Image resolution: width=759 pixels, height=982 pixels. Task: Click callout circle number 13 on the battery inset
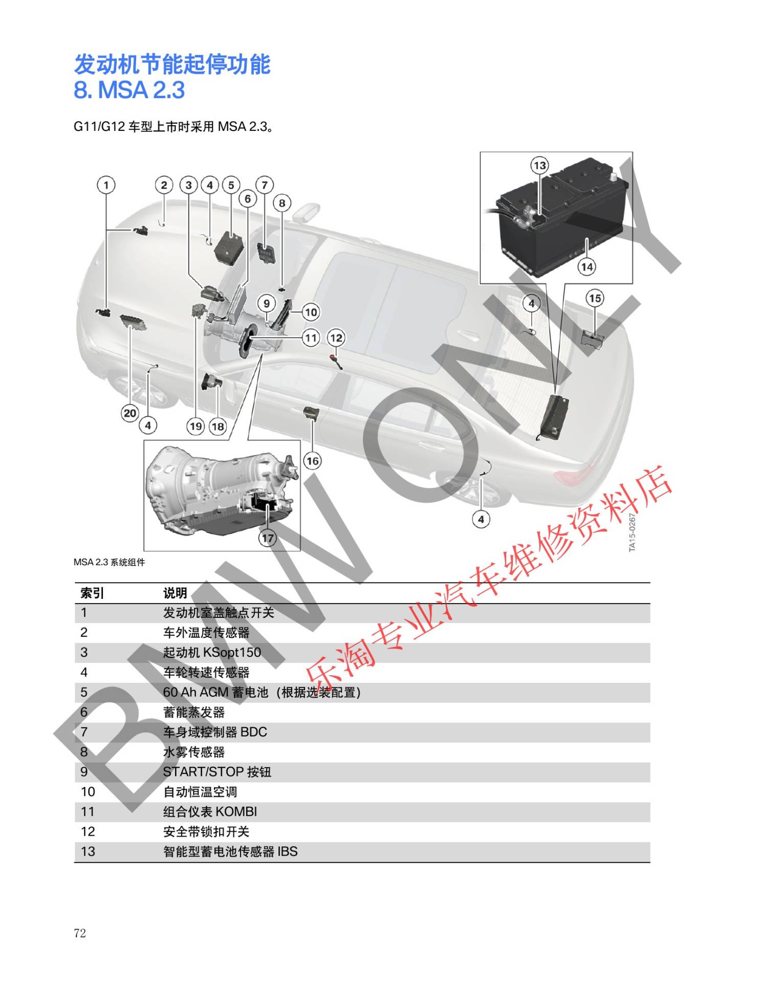click(x=540, y=165)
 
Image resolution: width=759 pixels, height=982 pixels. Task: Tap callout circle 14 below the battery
click(x=587, y=266)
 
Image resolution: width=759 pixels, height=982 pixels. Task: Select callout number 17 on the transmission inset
click(x=268, y=538)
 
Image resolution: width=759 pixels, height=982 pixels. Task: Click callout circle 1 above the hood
click(x=106, y=185)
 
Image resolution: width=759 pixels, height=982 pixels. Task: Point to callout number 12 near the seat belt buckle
click(x=336, y=338)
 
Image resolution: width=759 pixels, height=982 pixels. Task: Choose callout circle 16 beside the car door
click(x=312, y=461)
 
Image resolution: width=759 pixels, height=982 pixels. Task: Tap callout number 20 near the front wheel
click(x=130, y=413)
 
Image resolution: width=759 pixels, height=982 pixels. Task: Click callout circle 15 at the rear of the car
click(x=595, y=298)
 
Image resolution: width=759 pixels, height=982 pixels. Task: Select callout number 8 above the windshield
click(x=282, y=203)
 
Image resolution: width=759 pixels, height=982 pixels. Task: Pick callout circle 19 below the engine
click(x=196, y=426)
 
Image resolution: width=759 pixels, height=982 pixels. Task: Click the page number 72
click(x=80, y=933)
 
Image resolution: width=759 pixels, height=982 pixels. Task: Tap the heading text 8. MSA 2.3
click(x=129, y=90)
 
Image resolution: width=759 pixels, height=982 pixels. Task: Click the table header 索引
click(x=92, y=593)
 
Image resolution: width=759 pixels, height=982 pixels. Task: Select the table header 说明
click(x=175, y=593)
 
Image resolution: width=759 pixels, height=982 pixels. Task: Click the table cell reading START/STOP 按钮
click(x=217, y=772)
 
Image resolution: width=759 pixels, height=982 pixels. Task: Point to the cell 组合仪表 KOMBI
click(x=210, y=812)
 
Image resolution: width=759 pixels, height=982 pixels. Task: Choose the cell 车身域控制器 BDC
click(x=215, y=732)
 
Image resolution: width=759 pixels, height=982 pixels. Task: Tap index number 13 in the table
click(x=88, y=852)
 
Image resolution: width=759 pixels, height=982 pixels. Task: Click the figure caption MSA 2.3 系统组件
click(x=110, y=562)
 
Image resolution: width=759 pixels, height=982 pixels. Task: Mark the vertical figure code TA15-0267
click(x=632, y=532)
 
